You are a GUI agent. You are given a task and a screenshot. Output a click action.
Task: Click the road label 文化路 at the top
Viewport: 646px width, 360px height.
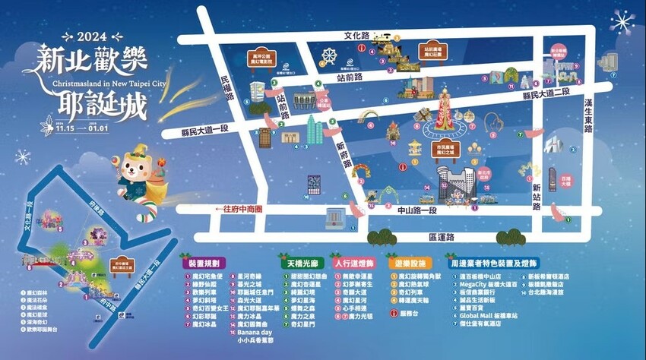click(x=356, y=35)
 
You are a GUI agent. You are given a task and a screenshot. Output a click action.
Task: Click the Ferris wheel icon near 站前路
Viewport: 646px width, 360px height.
click(x=329, y=56)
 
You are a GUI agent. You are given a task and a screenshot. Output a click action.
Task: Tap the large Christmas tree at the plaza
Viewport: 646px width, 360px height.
click(x=445, y=113)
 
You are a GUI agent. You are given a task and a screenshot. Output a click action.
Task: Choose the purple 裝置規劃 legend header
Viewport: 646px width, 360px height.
click(x=205, y=262)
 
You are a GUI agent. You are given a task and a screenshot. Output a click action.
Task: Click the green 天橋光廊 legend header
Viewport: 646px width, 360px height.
click(x=302, y=262)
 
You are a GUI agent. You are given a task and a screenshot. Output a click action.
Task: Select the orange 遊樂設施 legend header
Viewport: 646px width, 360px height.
click(x=406, y=262)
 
